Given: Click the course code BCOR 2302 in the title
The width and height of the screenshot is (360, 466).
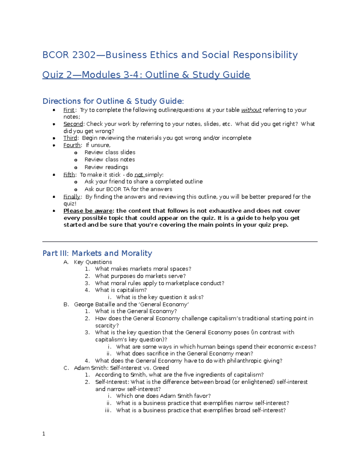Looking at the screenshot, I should tap(69, 55).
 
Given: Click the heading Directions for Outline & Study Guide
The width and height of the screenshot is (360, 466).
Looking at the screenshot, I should tap(113, 101).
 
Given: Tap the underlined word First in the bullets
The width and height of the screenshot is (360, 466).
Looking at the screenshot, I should tap(69, 110).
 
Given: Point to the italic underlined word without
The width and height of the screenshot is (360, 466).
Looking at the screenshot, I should tap(251, 110).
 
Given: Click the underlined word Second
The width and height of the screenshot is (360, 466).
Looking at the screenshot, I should tap(73, 124).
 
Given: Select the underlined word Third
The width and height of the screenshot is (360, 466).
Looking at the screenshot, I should tap(70, 138).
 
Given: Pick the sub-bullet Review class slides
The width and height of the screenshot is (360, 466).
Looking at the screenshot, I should tap(110, 152).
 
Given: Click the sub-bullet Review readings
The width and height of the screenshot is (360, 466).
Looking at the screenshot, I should tap(106, 167).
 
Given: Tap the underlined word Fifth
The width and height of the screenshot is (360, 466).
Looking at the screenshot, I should tap(69, 175).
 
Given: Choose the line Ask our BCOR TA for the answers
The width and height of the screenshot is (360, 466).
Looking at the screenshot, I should tap(128, 189).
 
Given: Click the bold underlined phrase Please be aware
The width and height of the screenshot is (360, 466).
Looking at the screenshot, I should tap(88, 211).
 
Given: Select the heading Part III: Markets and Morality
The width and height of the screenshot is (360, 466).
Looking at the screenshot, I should tap(97, 253).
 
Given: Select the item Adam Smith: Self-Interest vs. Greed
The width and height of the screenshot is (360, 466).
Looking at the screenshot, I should tap(121, 368).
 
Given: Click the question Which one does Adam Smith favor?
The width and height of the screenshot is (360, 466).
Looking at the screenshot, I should tap(163, 396).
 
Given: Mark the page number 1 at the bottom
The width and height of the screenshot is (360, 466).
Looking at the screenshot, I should tap(44, 434).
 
